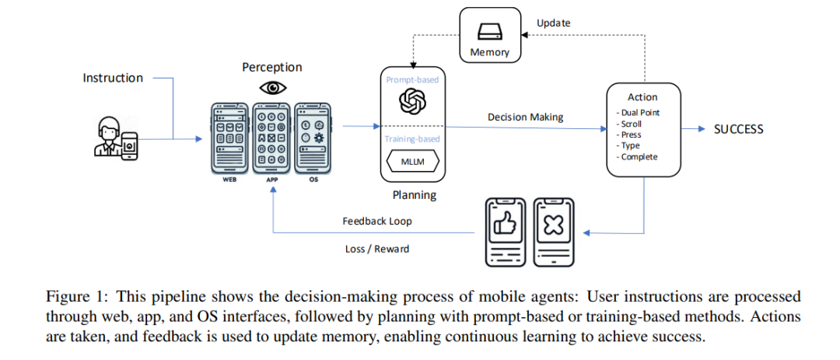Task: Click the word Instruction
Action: click(x=113, y=79)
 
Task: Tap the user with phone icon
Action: click(x=116, y=138)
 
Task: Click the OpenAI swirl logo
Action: click(x=412, y=102)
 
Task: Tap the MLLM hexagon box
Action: click(x=412, y=161)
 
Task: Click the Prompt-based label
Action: click(x=412, y=80)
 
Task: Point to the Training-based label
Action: click(x=412, y=138)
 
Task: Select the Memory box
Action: click(x=490, y=34)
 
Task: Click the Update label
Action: click(x=554, y=23)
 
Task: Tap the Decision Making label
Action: click(x=525, y=117)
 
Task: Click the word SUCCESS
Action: click(x=739, y=129)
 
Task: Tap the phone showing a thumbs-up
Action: click(x=504, y=232)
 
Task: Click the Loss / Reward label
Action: click(x=377, y=249)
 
